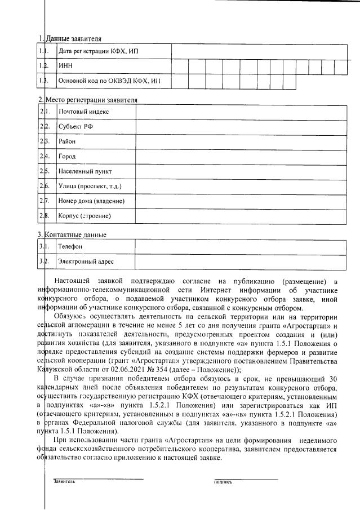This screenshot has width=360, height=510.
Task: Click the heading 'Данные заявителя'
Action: (73, 39)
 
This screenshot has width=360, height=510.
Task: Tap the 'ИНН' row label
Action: (66, 66)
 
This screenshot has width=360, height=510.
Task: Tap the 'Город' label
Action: (67, 156)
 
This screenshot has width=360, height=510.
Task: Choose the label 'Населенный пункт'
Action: (85, 171)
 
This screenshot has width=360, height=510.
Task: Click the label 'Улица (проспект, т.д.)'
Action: (90, 185)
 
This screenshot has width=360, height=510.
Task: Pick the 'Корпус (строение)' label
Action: (84, 215)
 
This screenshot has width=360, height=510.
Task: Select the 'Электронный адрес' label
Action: (86, 261)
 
